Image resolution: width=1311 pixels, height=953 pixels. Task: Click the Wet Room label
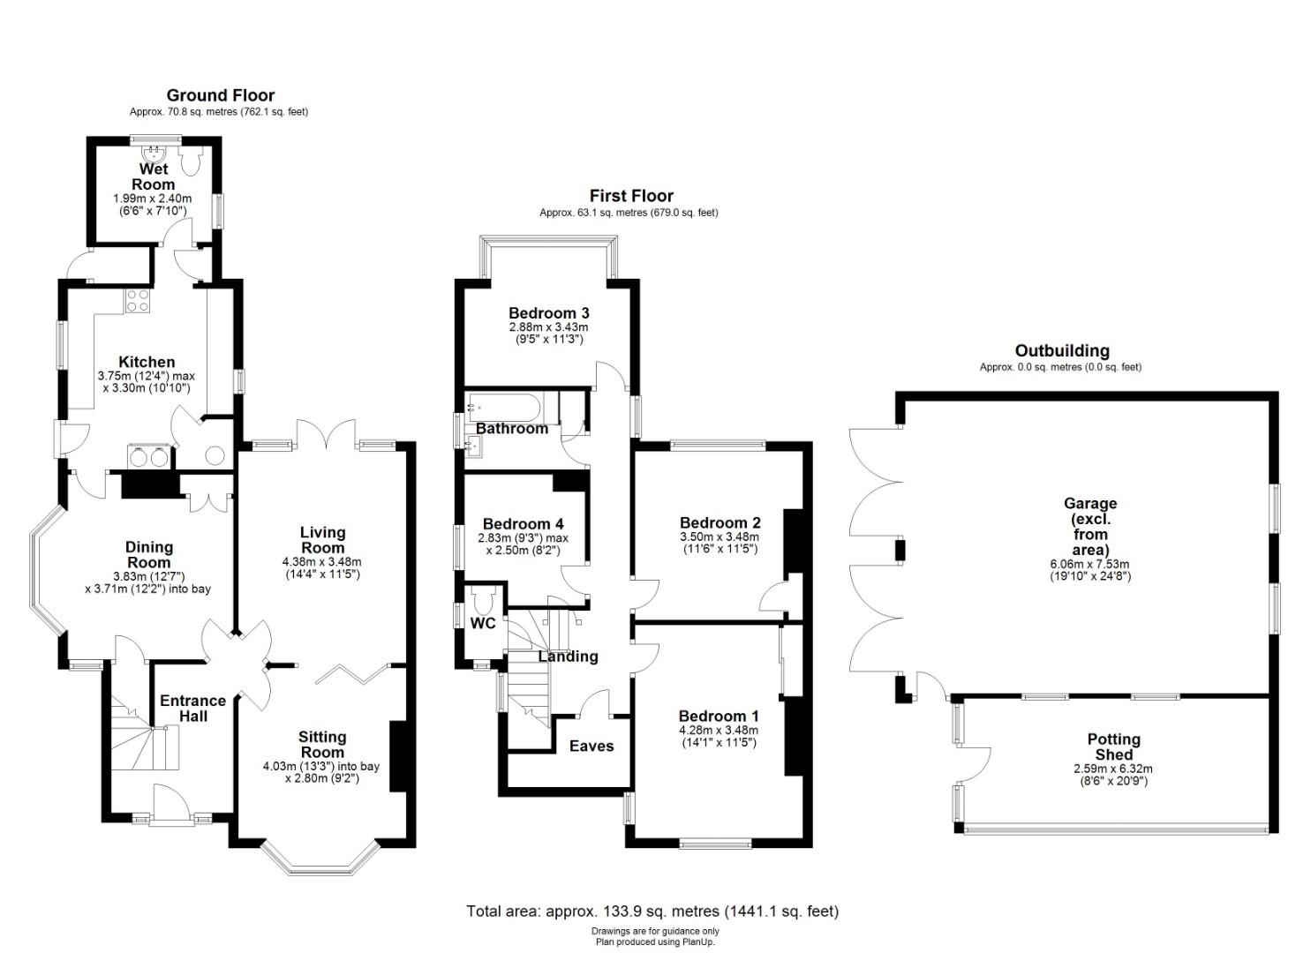(154, 176)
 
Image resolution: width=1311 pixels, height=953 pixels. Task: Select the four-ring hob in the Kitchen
(138, 301)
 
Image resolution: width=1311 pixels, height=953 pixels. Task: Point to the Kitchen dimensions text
(147, 382)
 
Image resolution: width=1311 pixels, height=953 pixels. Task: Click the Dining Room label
(149, 555)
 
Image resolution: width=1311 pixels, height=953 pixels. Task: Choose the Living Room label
(322, 540)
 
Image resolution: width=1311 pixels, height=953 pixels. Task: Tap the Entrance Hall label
(192, 708)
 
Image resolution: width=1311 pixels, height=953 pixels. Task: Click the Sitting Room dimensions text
(322, 772)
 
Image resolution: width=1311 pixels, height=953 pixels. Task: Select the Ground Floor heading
(221, 95)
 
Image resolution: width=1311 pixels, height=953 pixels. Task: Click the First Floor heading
(631, 195)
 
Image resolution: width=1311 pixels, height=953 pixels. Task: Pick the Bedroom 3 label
(548, 313)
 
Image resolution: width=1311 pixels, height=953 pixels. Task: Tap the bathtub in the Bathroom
(504, 409)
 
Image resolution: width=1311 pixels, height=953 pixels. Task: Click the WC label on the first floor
(483, 624)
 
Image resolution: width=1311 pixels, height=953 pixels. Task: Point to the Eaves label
(591, 746)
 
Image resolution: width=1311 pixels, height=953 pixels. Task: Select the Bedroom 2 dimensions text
(720, 543)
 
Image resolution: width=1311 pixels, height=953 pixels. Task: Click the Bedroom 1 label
(719, 716)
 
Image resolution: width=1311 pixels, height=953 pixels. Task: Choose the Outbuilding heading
(1062, 350)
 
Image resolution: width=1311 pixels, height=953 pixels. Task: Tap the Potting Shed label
(1114, 747)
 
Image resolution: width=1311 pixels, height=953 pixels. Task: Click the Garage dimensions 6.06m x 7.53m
(1089, 565)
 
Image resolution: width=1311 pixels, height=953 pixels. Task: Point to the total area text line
(652, 911)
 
